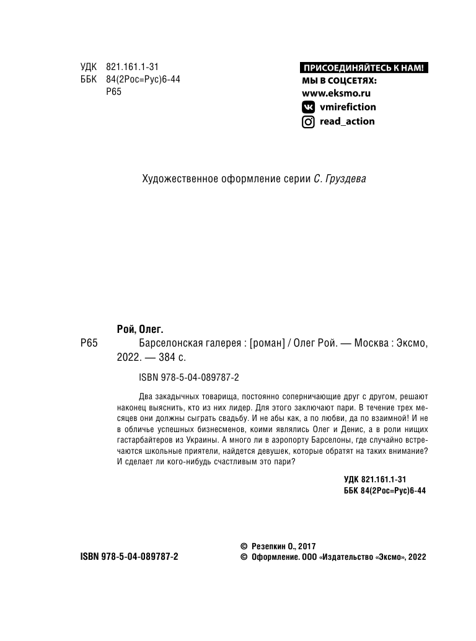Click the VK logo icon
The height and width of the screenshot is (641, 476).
pos(307,107)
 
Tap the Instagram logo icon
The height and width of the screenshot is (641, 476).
pos(307,122)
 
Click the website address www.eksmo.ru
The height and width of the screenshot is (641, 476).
pos(335,93)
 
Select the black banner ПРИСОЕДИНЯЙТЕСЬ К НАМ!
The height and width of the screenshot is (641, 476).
pos(365,68)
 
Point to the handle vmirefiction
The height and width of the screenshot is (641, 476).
pos(347,107)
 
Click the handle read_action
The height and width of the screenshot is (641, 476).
pos(346,122)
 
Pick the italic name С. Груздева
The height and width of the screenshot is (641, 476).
pos(340,179)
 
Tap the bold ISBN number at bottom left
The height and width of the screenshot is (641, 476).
pos(130,557)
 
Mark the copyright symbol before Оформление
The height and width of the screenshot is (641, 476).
pos(243,557)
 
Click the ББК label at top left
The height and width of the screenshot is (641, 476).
pos(89,79)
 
